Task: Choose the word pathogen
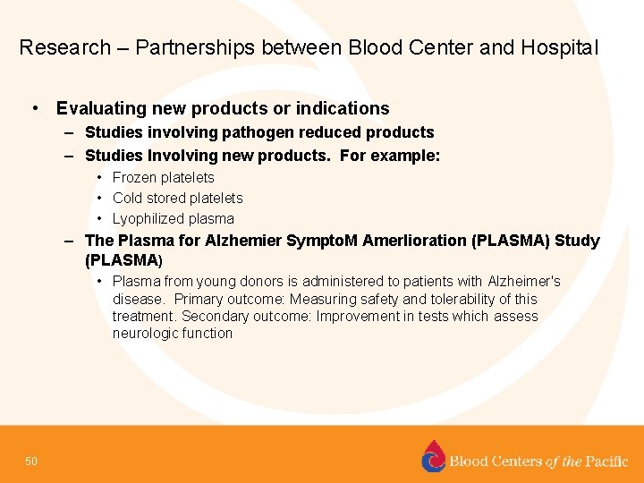click(247, 132)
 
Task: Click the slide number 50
click(31, 462)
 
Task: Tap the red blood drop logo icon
click(433, 456)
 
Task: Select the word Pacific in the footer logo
click(606, 462)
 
